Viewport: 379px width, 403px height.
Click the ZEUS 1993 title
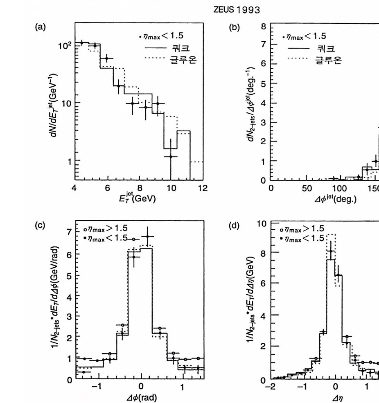(x=237, y=10)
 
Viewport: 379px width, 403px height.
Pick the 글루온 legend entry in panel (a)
(x=183, y=60)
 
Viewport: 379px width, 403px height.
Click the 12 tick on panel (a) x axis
(x=202, y=188)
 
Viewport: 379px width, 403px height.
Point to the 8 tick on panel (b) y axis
(x=264, y=27)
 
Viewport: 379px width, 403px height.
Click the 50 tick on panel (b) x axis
(x=306, y=188)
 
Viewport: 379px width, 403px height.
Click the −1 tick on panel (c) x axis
(x=97, y=387)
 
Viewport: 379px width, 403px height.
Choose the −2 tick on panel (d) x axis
(x=271, y=387)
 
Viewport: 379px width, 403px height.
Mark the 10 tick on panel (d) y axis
(x=262, y=223)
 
